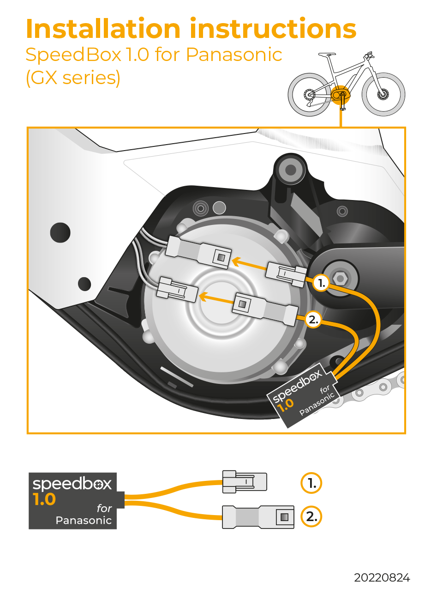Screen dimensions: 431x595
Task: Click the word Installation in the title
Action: click(103, 29)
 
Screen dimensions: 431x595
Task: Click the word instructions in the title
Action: click(273, 29)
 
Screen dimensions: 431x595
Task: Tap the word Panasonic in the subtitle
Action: click(234, 55)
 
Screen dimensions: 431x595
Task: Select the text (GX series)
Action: click(73, 78)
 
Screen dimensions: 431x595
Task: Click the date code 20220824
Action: click(382, 577)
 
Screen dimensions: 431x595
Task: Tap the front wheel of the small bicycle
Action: click(383, 94)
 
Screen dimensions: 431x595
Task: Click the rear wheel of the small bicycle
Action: click(309, 95)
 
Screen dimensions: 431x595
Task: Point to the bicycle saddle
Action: click(327, 54)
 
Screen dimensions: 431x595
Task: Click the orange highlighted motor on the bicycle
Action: click(340, 94)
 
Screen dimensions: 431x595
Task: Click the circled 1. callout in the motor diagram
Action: click(321, 283)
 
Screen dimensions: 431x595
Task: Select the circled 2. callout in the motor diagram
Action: click(313, 320)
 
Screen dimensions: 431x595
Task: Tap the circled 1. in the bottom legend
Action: click(311, 483)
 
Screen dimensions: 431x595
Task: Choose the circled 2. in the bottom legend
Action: click(311, 516)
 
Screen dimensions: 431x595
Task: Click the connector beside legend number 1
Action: click(245, 481)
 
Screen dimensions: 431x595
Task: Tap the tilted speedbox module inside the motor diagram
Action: click(302, 395)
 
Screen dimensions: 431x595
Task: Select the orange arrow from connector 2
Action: click(216, 298)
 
